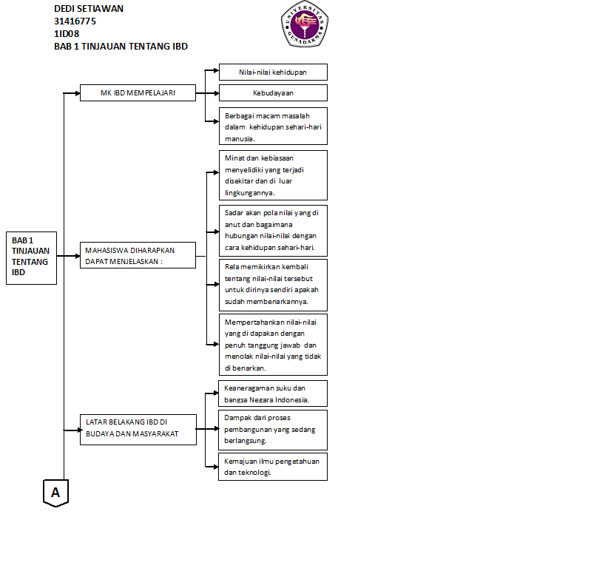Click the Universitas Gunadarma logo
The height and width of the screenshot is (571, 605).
[x=303, y=24]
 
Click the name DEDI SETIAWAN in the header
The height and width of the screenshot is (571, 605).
[x=89, y=9]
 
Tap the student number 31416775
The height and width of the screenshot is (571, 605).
[x=75, y=21]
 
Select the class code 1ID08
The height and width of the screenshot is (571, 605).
[x=67, y=33]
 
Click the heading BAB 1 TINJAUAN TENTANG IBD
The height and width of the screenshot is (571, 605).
[x=121, y=46]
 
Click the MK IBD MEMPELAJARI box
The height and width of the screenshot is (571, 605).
[x=138, y=93]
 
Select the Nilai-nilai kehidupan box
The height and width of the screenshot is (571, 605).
[x=273, y=72]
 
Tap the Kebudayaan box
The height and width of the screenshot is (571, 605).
[x=273, y=93]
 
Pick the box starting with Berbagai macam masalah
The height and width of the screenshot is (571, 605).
[x=273, y=126]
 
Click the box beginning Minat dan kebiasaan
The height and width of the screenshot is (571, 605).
[x=273, y=175]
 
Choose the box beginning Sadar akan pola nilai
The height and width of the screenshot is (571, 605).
[x=273, y=230]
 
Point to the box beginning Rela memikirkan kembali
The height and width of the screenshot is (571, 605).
[x=273, y=284]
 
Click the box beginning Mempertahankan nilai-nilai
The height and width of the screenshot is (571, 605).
[x=273, y=345]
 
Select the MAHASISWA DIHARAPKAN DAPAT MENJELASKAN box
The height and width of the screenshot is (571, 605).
[x=138, y=255]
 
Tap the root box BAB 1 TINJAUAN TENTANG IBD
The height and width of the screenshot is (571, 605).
[x=31, y=257]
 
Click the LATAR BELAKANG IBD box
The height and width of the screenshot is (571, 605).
[x=138, y=429]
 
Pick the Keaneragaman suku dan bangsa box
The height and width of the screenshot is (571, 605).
[x=273, y=393]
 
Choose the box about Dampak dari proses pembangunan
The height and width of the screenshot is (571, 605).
[x=273, y=430]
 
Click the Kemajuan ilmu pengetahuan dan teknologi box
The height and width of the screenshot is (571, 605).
[x=273, y=467]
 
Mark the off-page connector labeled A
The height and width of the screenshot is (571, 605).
[x=55, y=492]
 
